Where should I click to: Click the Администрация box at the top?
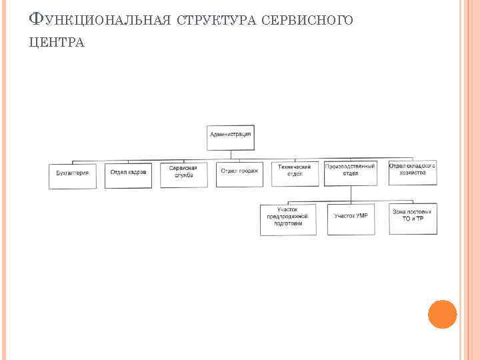[x=230, y=136]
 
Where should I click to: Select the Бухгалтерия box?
[x=73, y=175]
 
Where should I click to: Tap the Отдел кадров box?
[x=128, y=175]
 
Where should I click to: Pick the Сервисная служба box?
[x=184, y=175]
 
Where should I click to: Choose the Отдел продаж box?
[x=239, y=173]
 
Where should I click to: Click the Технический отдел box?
[x=295, y=172]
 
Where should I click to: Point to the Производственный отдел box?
[x=350, y=172]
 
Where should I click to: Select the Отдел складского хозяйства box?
[x=413, y=172]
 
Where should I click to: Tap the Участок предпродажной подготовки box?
[x=288, y=219]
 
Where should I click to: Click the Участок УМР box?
[x=351, y=219]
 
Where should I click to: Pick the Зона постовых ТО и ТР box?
[x=413, y=219]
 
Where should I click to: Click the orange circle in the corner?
[x=442, y=314]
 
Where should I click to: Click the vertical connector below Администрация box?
[x=231, y=155]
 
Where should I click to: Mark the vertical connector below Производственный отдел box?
[x=351, y=194]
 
